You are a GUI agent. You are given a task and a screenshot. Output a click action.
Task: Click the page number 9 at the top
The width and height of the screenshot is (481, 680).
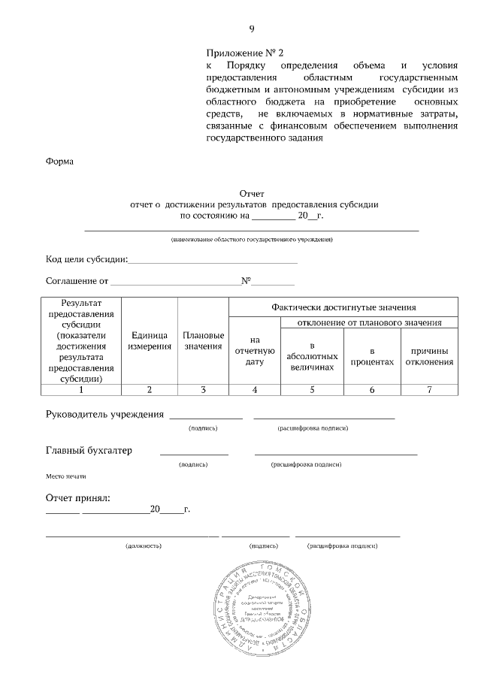pos(252,29)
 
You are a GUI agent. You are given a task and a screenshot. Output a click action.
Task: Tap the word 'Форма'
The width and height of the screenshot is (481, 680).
pos(60,161)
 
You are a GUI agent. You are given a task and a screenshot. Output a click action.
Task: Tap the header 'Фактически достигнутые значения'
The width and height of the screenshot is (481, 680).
pos(343,307)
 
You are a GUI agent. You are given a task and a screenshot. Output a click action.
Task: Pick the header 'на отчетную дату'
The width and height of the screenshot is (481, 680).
pos(255,351)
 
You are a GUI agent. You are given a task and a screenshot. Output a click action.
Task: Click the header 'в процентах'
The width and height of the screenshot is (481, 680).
pos(372,356)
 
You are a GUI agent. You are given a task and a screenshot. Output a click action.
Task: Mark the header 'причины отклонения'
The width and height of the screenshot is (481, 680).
pos(429,356)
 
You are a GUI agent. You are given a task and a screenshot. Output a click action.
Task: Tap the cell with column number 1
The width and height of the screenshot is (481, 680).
pos(80,389)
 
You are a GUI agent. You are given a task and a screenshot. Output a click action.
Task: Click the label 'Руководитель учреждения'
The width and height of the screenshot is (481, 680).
pos(104,414)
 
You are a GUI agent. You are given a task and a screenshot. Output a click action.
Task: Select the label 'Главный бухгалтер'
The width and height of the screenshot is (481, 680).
pos(89,450)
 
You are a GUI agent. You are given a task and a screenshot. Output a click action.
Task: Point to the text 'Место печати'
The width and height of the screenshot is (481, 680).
pos(66,476)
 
